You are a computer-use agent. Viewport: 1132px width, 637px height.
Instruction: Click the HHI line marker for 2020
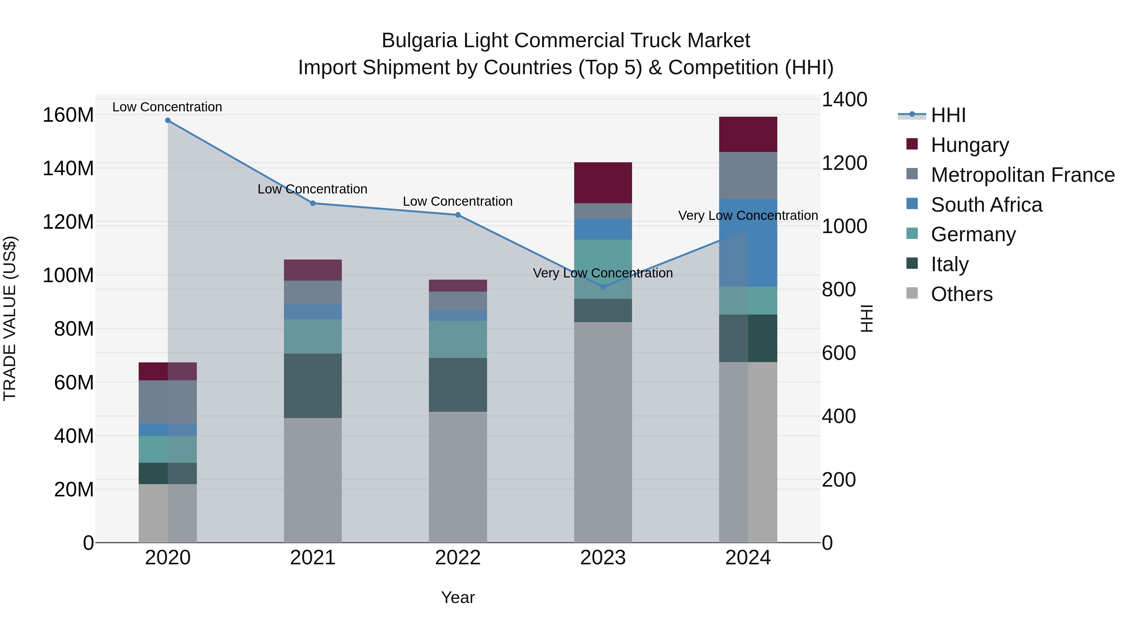coord(168,120)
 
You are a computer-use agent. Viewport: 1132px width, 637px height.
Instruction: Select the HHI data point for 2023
coord(603,287)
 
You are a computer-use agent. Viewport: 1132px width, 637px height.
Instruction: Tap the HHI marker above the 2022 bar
coord(458,215)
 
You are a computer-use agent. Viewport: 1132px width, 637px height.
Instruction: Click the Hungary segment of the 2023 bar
coord(603,182)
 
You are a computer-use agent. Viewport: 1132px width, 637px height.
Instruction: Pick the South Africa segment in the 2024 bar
coord(748,243)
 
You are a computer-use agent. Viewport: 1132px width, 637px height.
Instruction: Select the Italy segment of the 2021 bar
coord(313,386)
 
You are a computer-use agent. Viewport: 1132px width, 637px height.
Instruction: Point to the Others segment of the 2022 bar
coord(458,477)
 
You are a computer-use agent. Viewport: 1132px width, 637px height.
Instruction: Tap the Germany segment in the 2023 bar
coord(603,269)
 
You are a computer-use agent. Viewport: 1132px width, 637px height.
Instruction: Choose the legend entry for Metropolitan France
coord(1023,175)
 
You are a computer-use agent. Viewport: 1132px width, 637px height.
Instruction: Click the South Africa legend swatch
coord(912,204)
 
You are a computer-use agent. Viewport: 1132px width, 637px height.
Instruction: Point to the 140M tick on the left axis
coord(68,168)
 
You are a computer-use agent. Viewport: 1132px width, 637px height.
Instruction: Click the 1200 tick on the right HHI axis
coord(844,163)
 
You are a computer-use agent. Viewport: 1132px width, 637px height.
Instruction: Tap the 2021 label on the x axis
coord(313,558)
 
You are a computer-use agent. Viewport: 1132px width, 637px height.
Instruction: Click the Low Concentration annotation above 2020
coord(167,107)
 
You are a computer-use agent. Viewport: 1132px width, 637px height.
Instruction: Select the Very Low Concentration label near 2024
coord(748,215)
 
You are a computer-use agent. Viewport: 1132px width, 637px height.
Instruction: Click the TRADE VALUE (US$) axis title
coord(10,318)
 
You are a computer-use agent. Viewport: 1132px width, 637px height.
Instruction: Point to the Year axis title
coord(458,597)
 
